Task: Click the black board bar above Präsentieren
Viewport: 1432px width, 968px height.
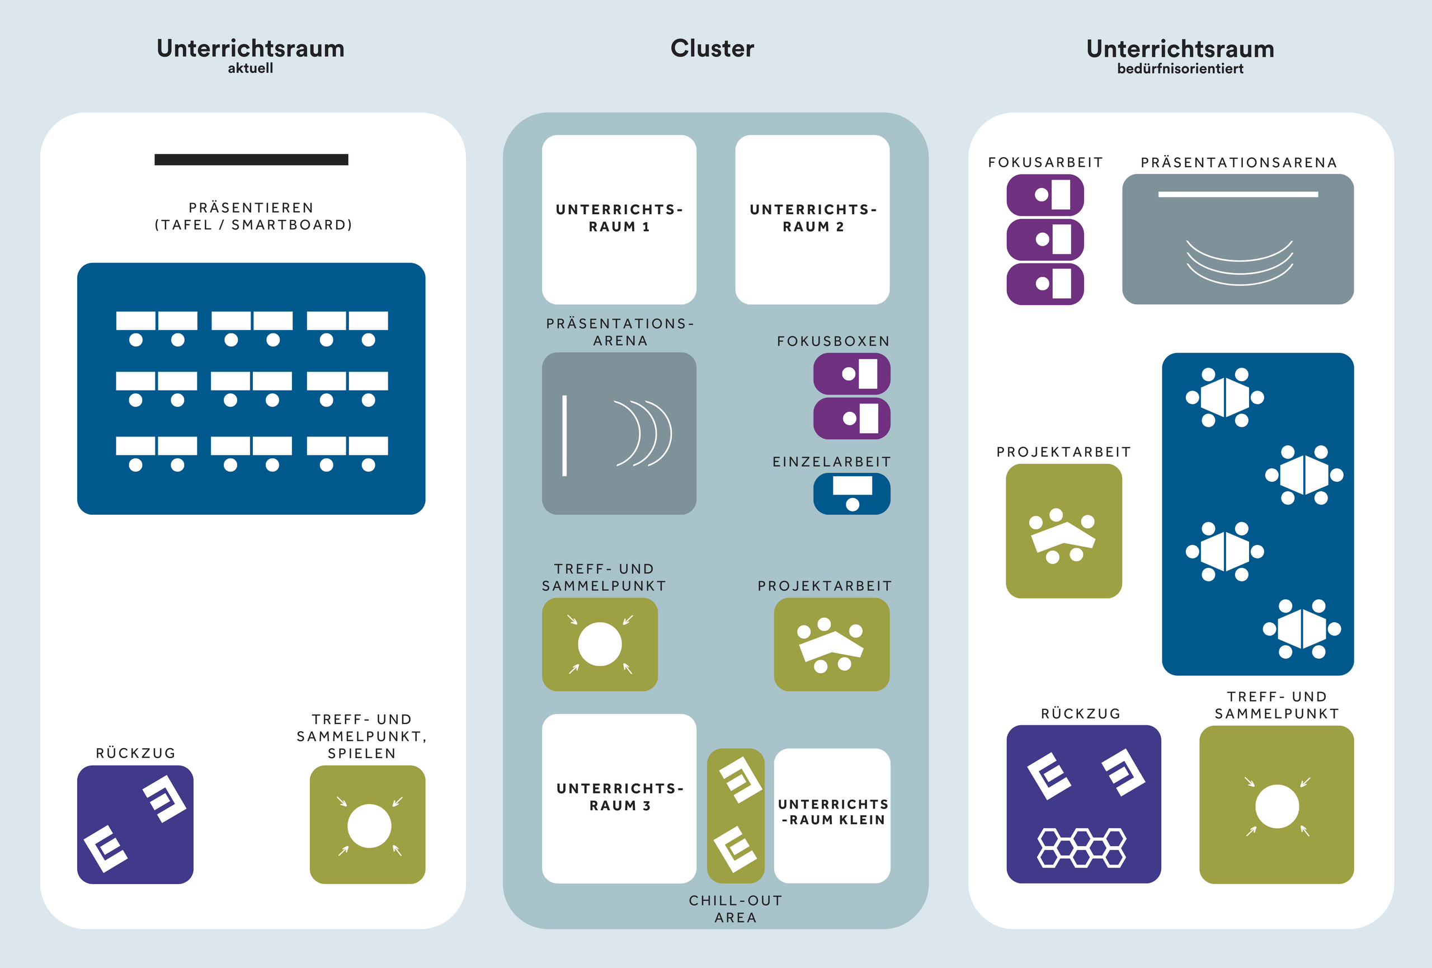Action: pos(251,159)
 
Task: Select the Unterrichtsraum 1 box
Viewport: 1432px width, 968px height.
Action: pos(619,219)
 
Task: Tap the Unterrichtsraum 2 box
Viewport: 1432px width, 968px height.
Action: pos(812,219)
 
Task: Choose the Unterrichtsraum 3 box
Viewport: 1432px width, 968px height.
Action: pos(619,798)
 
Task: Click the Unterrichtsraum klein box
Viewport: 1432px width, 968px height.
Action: pos(832,815)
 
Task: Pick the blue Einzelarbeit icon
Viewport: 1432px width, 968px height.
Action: pos(851,494)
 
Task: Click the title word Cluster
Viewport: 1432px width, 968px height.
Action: pos(712,49)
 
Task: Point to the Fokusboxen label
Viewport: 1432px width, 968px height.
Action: pos(833,341)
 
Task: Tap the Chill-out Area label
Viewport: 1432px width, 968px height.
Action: pos(735,909)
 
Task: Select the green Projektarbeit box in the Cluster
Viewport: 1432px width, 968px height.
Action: pos(831,645)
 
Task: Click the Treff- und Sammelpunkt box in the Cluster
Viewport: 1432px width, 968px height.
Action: pos(600,645)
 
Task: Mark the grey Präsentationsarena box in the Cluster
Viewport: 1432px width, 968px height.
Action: pos(619,433)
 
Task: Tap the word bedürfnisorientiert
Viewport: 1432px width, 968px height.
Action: pos(1180,69)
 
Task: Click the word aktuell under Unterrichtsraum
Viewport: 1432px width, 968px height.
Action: pos(250,68)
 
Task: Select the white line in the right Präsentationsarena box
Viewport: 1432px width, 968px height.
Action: pos(1238,195)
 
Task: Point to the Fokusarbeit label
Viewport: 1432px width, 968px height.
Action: pos(1045,163)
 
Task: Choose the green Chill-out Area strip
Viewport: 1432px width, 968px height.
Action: pos(735,815)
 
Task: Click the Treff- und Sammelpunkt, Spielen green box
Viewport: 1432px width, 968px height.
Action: pos(368,824)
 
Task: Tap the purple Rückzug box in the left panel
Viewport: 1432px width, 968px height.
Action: pos(135,824)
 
